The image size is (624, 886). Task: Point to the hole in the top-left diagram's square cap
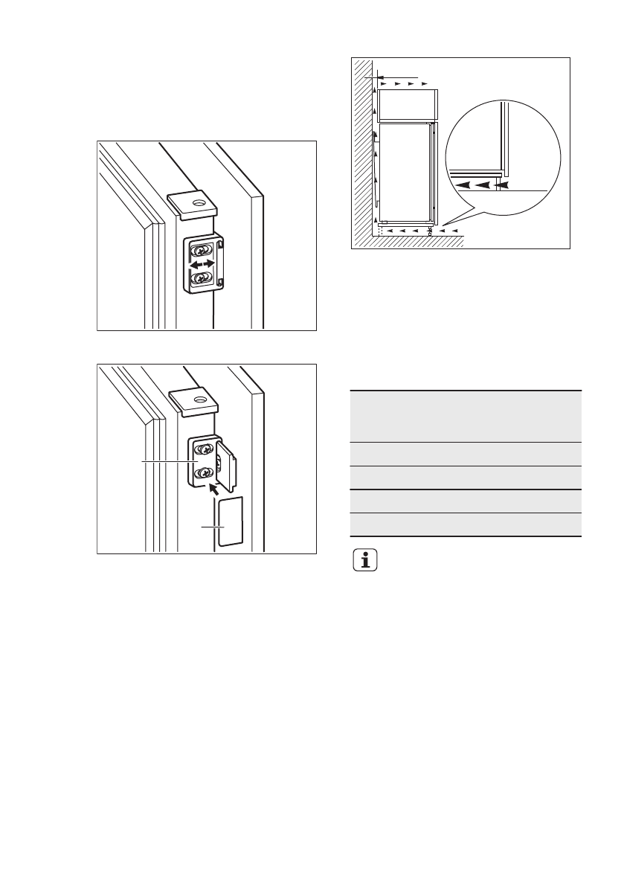click(x=198, y=201)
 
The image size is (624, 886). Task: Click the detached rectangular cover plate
click(x=228, y=521)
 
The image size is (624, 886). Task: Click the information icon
click(x=364, y=560)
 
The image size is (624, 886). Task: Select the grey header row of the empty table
click(x=465, y=416)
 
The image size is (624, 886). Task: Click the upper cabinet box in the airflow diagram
click(x=407, y=105)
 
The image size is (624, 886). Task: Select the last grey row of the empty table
click(x=465, y=524)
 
